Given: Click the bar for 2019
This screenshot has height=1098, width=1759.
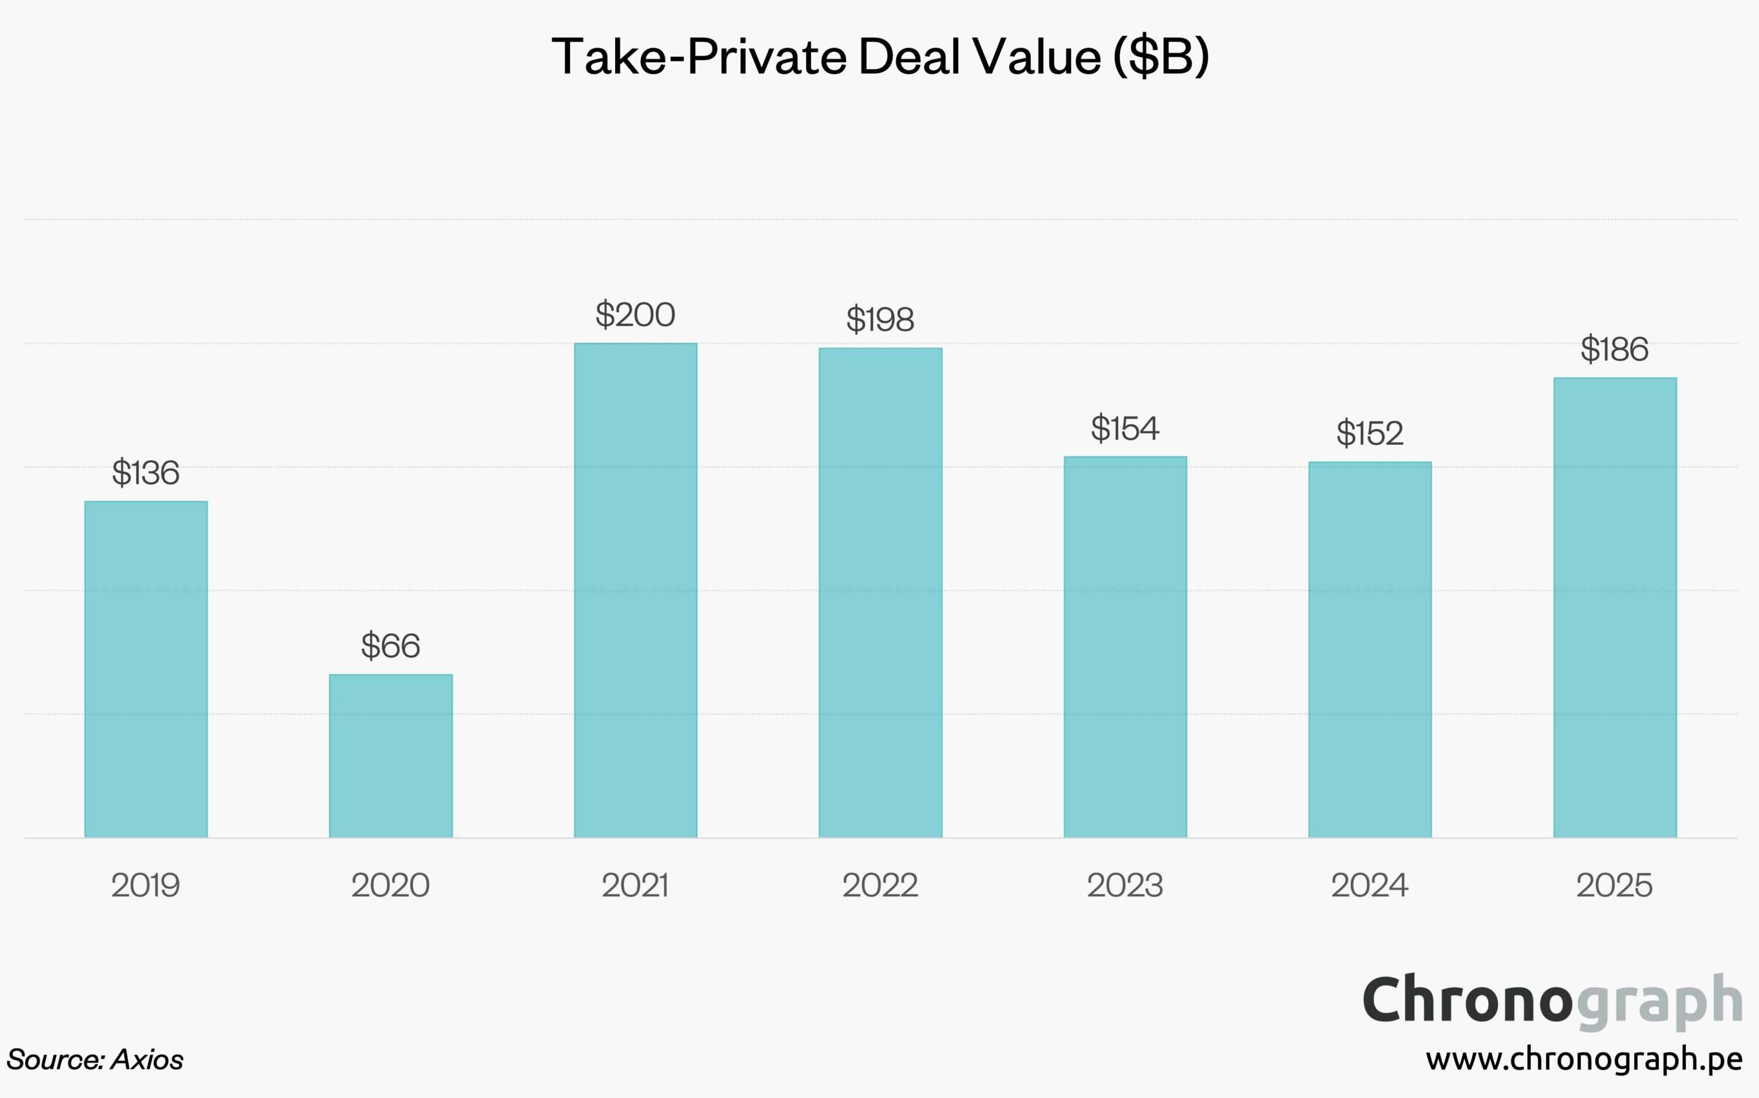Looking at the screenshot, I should coord(146,669).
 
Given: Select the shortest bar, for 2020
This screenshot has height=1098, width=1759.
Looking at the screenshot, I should coord(391,755).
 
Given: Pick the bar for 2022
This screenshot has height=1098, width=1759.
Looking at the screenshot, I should coord(881,592).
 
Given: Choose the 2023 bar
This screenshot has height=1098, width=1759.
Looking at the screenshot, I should coord(1125,646).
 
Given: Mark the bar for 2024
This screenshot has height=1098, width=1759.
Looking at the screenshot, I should coord(1370,649).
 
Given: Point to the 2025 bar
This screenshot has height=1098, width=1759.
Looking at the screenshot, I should coord(1615,607).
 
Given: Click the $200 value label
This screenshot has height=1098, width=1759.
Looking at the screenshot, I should coord(636,315).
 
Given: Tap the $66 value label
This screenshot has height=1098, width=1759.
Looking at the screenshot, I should coord(391,646).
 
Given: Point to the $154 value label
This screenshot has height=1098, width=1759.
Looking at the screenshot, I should coord(1125,428).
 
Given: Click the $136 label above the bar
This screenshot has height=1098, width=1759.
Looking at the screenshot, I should coord(146,473).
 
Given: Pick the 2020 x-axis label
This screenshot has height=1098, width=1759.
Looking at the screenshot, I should coord(391,885).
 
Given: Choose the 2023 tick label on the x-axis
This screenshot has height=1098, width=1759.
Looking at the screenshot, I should coord(1125,885).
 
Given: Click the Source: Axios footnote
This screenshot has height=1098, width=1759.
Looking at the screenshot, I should coord(95,1059).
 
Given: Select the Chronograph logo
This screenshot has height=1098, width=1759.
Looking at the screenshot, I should coord(1553,1001).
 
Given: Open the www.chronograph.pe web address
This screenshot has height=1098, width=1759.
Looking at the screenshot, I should coord(1584,1059).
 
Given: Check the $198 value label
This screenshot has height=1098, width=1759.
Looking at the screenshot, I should coord(881,319).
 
